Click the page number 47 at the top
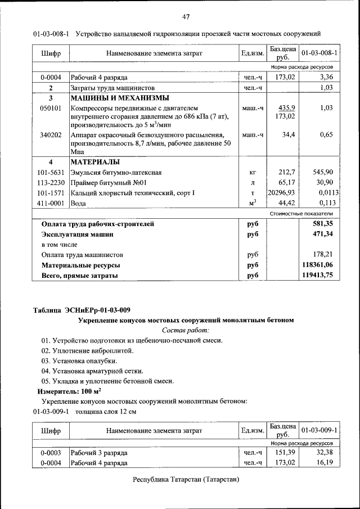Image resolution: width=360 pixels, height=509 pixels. coord(186,15)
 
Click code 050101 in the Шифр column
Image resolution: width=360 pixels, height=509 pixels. coord(51,108)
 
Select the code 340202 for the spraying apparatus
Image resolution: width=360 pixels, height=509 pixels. coord(51,135)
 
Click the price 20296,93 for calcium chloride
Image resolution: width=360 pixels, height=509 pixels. coord(282,193)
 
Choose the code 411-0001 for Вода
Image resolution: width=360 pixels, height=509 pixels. coord(51,203)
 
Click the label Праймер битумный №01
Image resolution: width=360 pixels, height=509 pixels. coord(109,183)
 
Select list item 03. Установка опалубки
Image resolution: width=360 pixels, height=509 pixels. coord(79,361)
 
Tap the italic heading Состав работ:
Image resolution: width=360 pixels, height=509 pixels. coord(186,330)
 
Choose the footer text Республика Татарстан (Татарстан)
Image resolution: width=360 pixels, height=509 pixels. coord(186,480)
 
